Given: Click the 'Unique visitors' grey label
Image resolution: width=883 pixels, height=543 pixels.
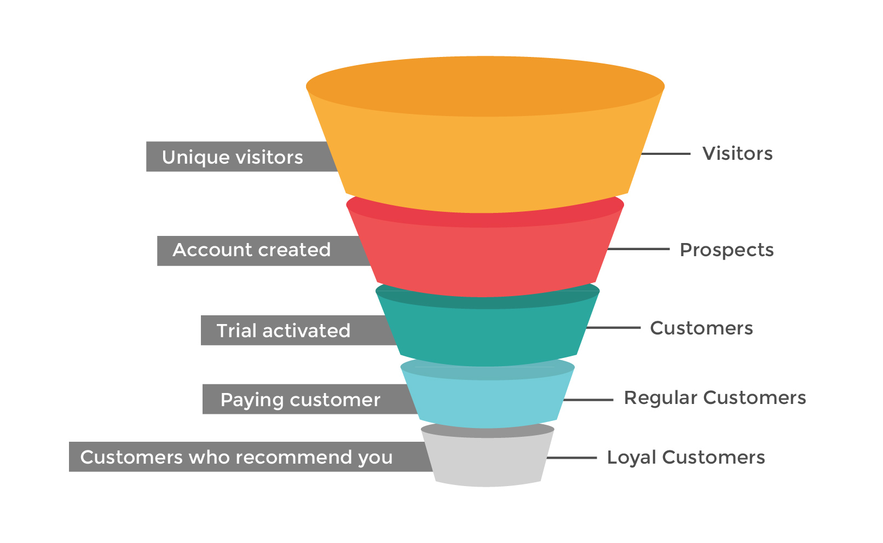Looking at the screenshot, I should pyautogui.click(x=233, y=157).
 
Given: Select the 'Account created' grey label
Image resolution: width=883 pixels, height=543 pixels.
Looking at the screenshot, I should pyautogui.click(x=252, y=250).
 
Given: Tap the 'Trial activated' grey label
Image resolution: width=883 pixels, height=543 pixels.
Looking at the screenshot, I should pyautogui.click(x=284, y=331).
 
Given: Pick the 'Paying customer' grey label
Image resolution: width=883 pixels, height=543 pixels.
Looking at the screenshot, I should pyautogui.click(x=300, y=400).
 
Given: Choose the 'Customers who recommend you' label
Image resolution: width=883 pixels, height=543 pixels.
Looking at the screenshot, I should pyautogui.click(x=236, y=457).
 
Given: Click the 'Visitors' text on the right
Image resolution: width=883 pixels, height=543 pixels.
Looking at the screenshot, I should pyautogui.click(x=737, y=154).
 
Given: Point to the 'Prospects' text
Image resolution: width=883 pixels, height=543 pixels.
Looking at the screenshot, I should pyautogui.click(x=726, y=250).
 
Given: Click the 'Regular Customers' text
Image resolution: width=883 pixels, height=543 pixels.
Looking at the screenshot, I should pyautogui.click(x=715, y=398).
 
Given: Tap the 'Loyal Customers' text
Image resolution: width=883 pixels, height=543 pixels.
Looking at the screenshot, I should pyautogui.click(x=686, y=458).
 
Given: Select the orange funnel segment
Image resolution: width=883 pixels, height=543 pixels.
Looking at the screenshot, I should pyautogui.click(x=486, y=159).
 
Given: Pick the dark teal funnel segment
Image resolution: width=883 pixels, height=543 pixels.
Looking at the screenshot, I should pyautogui.click(x=486, y=334).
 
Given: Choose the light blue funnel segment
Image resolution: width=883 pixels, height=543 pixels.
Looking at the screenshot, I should pyautogui.click(x=487, y=402).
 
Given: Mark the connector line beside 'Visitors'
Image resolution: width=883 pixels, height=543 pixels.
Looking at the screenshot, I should pyautogui.click(x=665, y=154).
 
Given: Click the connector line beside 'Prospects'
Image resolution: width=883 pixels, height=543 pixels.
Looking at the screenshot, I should pyautogui.click(x=638, y=249).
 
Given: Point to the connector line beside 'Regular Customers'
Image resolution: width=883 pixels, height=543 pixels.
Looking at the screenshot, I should pyautogui.click(x=588, y=400).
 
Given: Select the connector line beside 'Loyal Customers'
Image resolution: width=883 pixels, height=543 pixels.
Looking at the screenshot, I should pyautogui.click(x=572, y=458).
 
